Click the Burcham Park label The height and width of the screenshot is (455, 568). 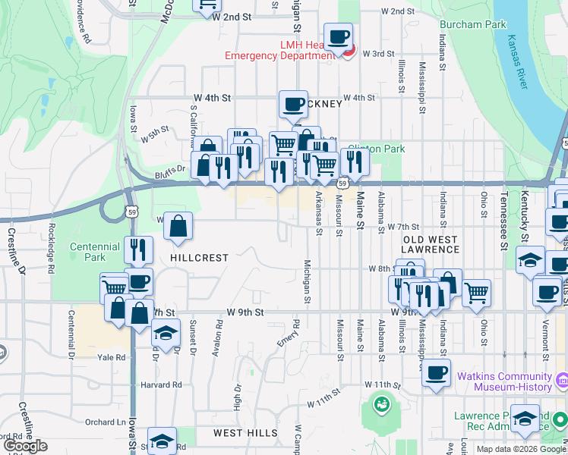click(472, 25)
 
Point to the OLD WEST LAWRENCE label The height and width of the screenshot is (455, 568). click(430, 244)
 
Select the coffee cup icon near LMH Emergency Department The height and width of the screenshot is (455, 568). click(338, 36)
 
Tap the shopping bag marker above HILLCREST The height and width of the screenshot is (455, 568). click(178, 225)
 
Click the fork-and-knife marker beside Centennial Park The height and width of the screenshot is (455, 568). click(138, 249)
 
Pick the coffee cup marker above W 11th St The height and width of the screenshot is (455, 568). click(436, 372)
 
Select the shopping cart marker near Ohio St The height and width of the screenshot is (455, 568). click(476, 292)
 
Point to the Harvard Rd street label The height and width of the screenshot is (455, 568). click(162, 384)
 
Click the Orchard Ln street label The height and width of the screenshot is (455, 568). click(105, 422)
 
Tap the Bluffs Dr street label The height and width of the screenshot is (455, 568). click(172, 170)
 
